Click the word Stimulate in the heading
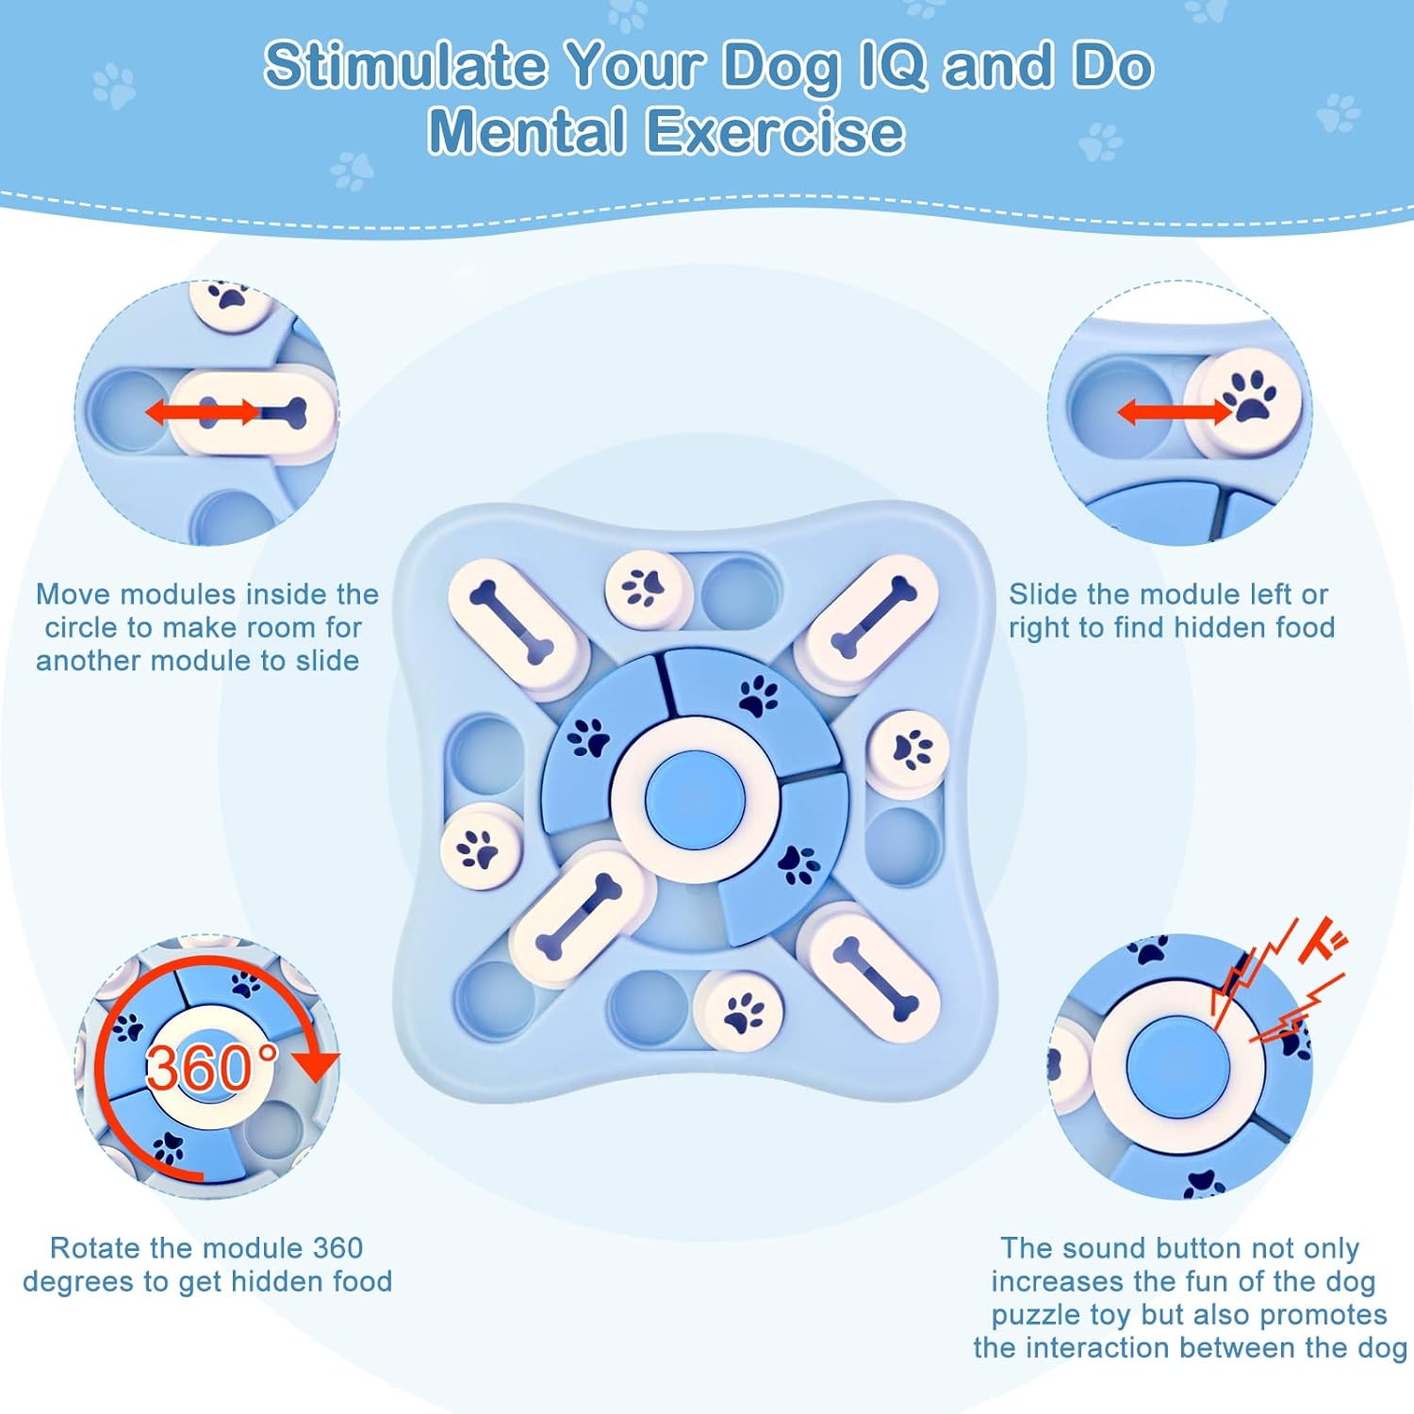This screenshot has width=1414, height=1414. click(404, 65)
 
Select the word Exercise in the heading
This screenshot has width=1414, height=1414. click(775, 130)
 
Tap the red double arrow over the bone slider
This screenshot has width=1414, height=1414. click(202, 412)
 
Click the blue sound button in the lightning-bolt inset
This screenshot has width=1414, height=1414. click(1178, 1067)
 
